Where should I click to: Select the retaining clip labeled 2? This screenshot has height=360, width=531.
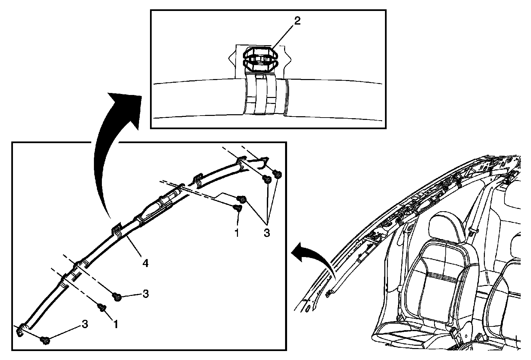pos(260,59)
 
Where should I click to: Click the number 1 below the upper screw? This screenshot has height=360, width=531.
pos(237,233)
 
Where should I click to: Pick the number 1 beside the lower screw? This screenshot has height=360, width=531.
pos(115,324)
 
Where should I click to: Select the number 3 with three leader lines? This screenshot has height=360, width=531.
pos(266,233)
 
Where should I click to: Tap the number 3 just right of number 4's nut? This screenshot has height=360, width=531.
pos(145,294)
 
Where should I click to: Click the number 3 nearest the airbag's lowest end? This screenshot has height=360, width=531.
pos(85,324)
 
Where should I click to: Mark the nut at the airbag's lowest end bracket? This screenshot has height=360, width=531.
pos(45,340)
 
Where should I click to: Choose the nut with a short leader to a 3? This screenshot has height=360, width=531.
pos(117,296)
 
